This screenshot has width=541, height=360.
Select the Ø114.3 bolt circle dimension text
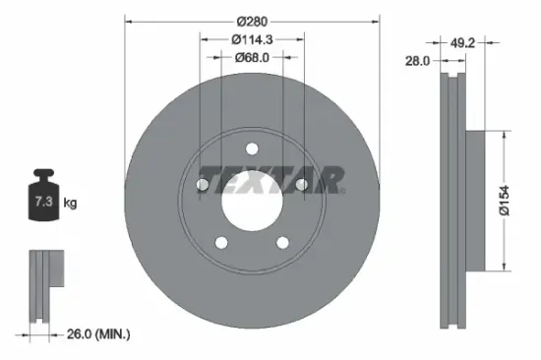tap(252, 38)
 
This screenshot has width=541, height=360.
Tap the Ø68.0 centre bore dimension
tap(253, 57)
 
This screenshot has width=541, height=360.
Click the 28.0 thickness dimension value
tap(418, 61)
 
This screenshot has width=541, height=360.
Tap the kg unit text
tap(70, 203)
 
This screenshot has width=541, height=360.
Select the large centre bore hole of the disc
tap(252, 203)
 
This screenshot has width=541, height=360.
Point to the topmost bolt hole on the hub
tap(252, 150)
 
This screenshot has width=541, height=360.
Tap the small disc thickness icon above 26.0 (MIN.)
tap(45, 285)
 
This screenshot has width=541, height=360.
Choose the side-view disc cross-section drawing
tap(453, 202)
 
